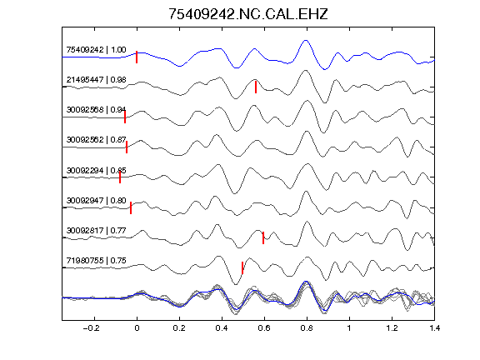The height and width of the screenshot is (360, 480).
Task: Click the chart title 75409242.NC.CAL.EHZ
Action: coord(248,14)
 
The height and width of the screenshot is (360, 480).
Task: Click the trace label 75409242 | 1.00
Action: coord(96,50)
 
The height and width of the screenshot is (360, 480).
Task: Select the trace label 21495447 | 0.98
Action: coord(96,80)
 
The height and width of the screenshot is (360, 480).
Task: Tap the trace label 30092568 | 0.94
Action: coord(96,110)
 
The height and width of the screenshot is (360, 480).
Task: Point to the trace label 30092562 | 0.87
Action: coord(96,140)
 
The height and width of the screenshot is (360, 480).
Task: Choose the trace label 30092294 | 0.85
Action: coord(96,170)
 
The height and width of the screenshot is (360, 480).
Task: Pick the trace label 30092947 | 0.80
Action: coord(96,200)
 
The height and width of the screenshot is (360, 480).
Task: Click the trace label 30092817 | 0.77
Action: coord(96,230)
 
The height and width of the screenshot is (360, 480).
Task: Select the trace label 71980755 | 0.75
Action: coord(96,261)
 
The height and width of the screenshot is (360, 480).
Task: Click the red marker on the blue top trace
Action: coord(137,57)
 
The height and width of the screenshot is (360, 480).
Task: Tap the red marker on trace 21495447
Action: coord(256,87)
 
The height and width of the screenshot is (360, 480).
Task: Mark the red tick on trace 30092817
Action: coord(263,237)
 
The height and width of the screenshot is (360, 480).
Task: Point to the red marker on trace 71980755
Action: coord(242,267)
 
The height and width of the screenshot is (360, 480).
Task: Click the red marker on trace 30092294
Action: coord(120,177)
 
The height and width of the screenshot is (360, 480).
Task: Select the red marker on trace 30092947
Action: coord(131,207)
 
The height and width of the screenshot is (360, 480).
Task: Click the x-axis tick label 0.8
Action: coord(307,328)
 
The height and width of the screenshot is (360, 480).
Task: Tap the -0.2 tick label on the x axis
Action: coord(92,328)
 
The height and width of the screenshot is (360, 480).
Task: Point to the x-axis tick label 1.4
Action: coord(434,328)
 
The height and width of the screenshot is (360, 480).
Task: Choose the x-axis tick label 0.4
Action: coord(222,328)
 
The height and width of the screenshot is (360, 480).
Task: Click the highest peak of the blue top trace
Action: coord(305,40)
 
